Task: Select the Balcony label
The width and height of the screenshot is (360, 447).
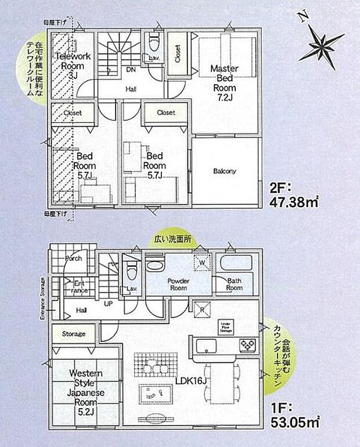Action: [224, 171]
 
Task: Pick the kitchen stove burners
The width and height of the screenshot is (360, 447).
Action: [247, 345]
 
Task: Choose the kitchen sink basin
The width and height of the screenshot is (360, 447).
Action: [207, 346]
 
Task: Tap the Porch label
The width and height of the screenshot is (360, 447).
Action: [73, 258]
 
